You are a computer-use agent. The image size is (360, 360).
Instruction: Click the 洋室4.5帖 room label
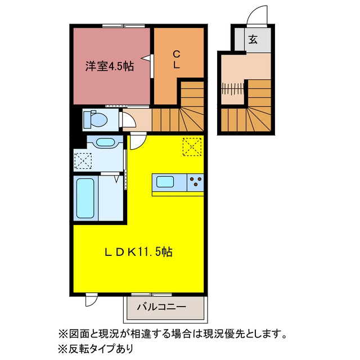click(110, 66)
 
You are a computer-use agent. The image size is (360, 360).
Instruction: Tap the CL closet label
click(176, 60)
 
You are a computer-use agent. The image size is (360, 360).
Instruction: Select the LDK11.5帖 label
click(138, 252)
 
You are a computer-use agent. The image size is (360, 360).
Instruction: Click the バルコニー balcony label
click(161, 307)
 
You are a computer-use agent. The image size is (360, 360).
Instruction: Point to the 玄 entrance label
click(253, 39)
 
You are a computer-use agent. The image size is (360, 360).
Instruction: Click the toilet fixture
click(96, 119)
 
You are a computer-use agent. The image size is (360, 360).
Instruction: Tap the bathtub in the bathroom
click(85, 198)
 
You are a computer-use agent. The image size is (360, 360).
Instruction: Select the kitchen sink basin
click(165, 182)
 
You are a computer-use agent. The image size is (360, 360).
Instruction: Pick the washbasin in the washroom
click(105, 142)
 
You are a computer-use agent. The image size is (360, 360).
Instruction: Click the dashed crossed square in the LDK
click(192, 147)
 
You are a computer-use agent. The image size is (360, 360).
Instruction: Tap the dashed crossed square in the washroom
click(83, 161)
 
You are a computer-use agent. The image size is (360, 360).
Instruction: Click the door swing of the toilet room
click(128, 119)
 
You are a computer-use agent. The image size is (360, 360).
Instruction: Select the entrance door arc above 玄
click(257, 15)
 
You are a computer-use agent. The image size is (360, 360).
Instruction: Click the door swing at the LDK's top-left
click(138, 141)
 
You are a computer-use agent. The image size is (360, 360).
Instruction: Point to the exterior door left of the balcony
click(91, 299)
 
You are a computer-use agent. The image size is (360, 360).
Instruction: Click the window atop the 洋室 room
click(124, 26)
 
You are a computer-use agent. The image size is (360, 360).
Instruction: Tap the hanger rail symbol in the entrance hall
click(232, 89)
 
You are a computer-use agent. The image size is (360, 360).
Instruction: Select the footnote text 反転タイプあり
click(101, 349)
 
